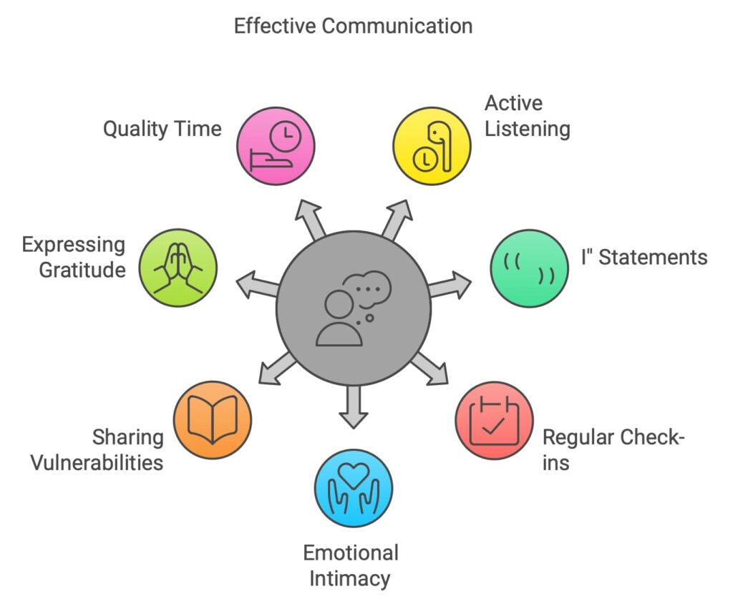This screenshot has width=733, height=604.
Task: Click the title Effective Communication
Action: point(353,26)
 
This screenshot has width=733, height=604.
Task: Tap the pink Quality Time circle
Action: point(276,146)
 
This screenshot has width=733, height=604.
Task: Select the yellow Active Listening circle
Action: point(432,146)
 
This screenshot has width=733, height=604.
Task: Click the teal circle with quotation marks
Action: point(529,268)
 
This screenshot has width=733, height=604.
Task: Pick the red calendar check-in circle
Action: point(494,420)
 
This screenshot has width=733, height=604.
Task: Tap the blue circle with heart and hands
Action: point(354,488)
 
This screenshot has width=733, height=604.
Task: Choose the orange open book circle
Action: point(213,420)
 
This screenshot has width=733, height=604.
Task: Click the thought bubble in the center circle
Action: point(368,287)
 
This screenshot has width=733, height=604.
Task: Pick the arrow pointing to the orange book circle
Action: point(276,368)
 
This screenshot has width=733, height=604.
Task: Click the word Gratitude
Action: point(82,270)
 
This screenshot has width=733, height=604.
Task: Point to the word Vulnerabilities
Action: point(96,462)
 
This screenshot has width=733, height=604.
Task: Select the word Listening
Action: point(527,129)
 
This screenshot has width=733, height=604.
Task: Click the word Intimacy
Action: point(351,578)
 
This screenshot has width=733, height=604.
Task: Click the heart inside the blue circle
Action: point(354,473)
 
